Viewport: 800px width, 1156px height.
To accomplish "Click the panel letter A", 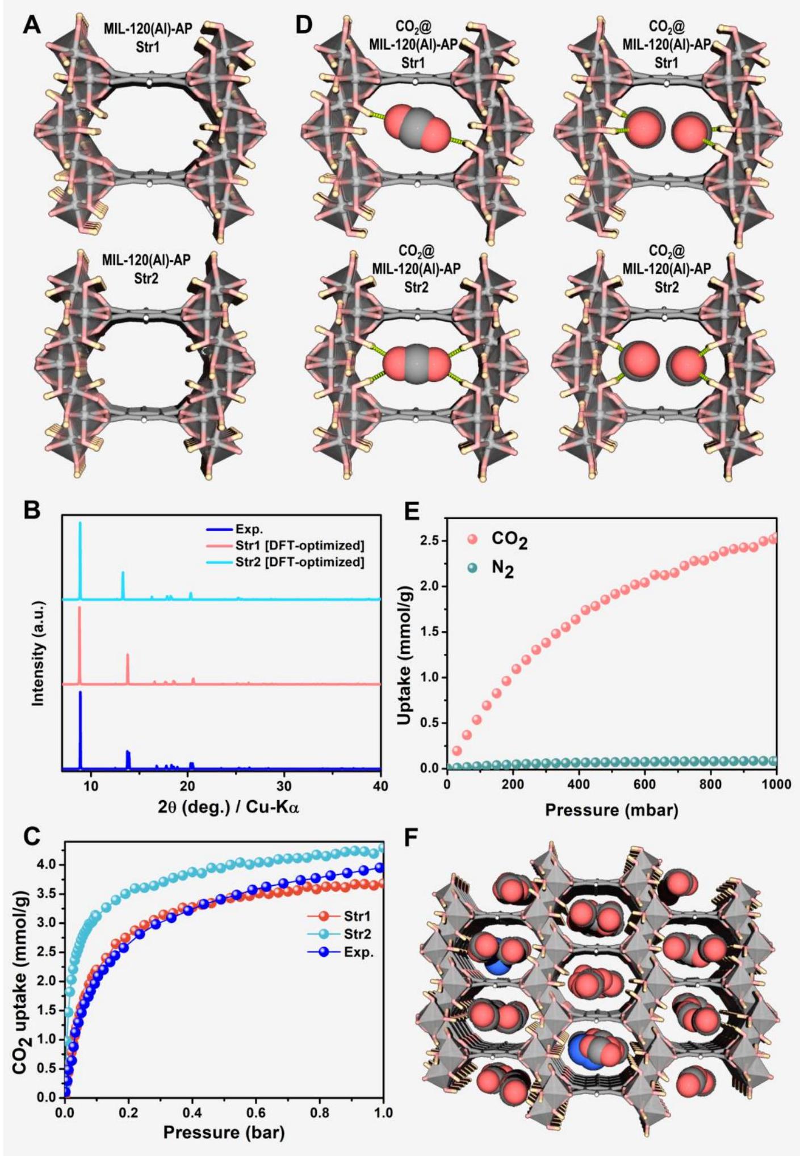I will pyautogui.click(x=31, y=26).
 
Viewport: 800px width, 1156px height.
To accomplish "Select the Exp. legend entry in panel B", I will pyautogui.click(x=249, y=529).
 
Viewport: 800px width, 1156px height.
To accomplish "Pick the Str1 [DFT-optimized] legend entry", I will pyautogui.click(x=299, y=546).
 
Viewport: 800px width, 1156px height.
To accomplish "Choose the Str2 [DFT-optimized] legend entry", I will pyautogui.click(x=299, y=562).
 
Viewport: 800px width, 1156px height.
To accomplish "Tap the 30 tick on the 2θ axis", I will pyautogui.click(x=284, y=787).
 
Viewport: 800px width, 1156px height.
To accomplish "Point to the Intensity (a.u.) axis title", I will pyautogui.click(x=38, y=653).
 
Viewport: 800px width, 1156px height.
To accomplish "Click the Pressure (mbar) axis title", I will pyautogui.click(x=611, y=810).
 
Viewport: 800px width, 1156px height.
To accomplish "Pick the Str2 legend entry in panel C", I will pyautogui.click(x=357, y=934).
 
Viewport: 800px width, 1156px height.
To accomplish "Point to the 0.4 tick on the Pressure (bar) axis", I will pyautogui.click(x=192, y=1113).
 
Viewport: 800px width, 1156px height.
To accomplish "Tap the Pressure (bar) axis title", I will pyautogui.click(x=223, y=1133).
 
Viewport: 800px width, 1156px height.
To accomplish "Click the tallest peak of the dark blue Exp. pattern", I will pyautogui.click(x=80, y=692).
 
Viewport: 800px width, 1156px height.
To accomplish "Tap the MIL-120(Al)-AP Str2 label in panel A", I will pyautogui.click(x=146, y=269).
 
